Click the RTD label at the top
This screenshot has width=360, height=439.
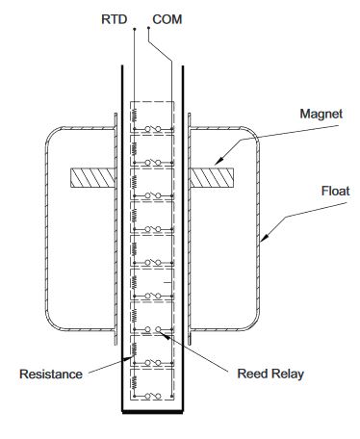tap(115, 19)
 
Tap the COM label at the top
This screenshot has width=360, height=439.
tap(167, 19)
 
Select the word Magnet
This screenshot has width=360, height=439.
tap(321, 114)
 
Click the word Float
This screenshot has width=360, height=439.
tap(335, 191)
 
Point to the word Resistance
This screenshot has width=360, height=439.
tap(51, 374)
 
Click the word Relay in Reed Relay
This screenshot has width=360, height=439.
tap(287, 374)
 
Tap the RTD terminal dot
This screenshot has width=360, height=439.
tap(135, 29)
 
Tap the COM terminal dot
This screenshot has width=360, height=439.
tap(148, 28)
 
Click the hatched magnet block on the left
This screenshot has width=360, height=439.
tap(92, 178)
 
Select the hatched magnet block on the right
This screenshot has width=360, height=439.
tap(212, 178)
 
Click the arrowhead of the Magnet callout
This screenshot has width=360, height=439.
tap(219, 162)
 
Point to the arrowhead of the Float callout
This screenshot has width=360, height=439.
tap(264, 238)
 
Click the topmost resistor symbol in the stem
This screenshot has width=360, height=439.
tap(134, 115)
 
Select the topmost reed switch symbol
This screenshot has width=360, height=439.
tap(153, 129)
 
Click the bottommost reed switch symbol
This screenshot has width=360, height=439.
tap(153, 397)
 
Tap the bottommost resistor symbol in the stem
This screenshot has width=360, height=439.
tap(134, 382)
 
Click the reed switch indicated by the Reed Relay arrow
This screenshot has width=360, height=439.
tap(153, 329)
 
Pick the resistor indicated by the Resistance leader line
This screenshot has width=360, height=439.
tap(134, 349)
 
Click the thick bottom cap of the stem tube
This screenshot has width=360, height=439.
tap(152, 412)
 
